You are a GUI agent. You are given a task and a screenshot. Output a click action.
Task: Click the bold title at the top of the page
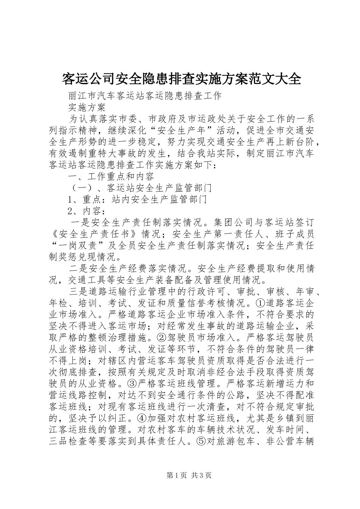[181, 79]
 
